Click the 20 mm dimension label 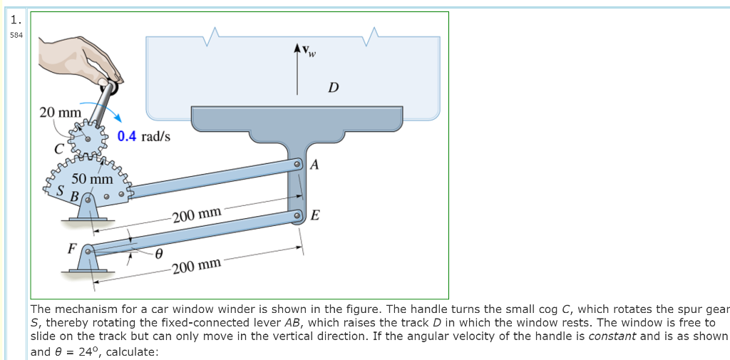point(60,112)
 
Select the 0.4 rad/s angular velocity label point(144,136)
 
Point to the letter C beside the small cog point(61,148)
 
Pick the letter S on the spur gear point(62,191)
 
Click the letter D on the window point(333,88)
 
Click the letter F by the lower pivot point(71,249)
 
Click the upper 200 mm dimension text point(197,214)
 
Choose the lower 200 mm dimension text point(197,267)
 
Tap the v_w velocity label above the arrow point(308,50)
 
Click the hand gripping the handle point(78,53)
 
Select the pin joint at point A point(299,165)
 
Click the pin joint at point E point(299,215)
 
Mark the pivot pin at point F point(88,251)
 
